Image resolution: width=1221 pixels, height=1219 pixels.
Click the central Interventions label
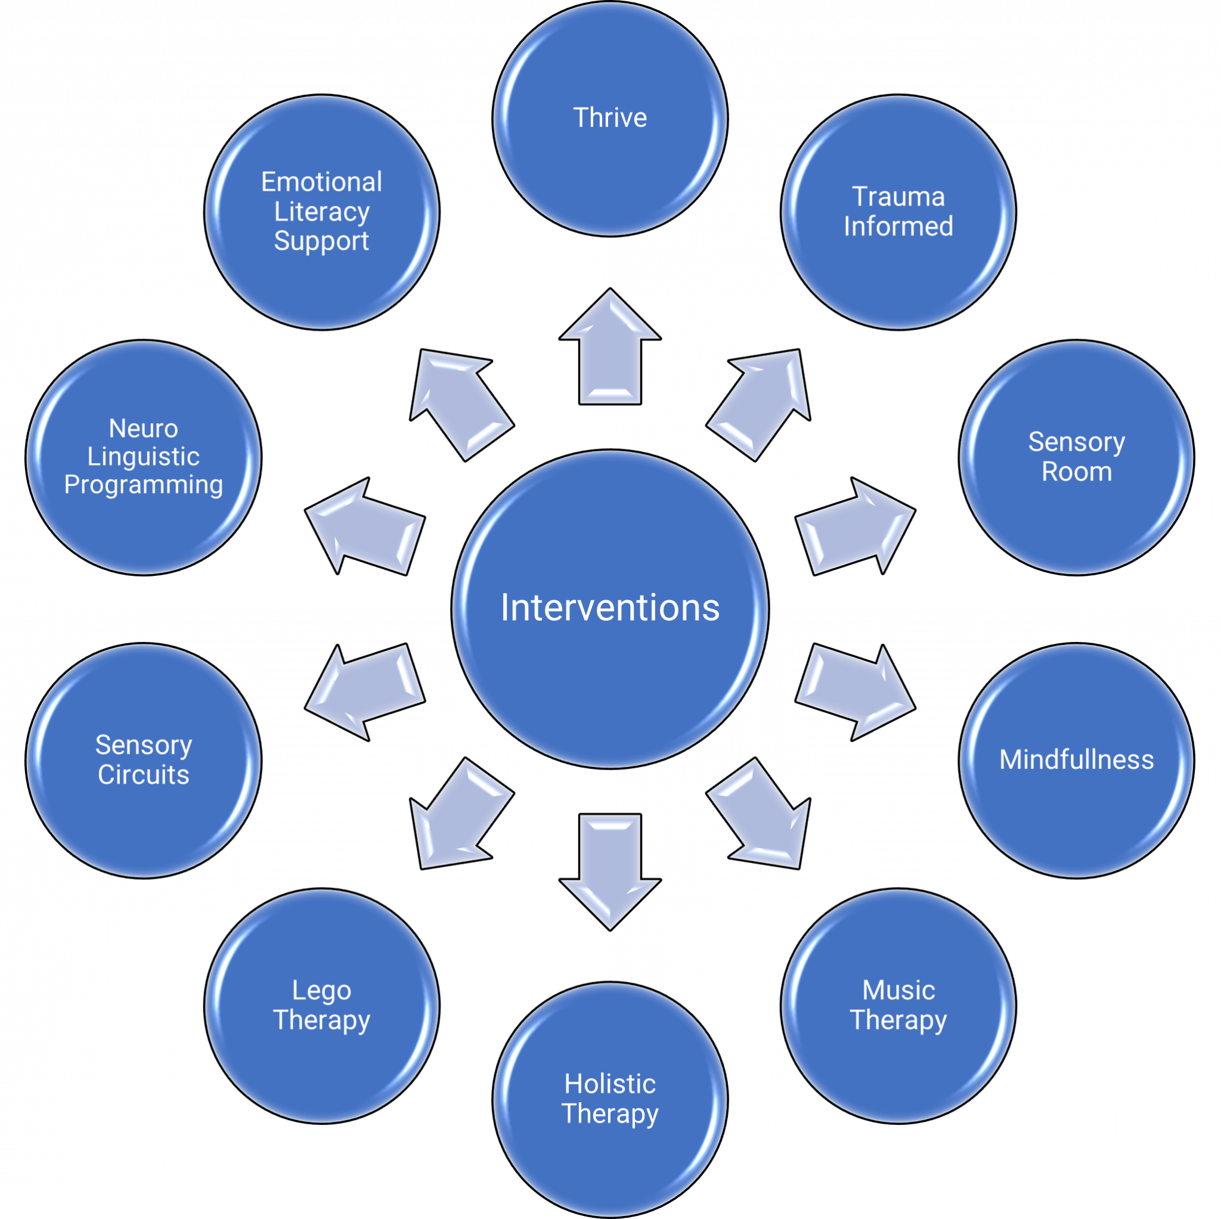click(610, 608)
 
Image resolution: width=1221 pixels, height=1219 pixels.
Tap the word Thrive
click(610, 118)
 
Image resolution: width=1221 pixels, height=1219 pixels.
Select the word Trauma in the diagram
click(898, 197)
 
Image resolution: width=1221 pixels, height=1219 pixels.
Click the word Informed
click(898, 227)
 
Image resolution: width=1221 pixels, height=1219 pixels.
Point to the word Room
click(1076, 472)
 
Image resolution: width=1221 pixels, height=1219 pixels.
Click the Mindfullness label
click(1076, 759)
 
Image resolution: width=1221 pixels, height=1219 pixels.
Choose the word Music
click(898, 990)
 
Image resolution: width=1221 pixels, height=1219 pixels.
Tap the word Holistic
click(610, 1084)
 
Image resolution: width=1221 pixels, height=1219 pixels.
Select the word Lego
click(321, 990)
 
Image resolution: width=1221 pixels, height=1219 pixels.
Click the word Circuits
click(144, 775)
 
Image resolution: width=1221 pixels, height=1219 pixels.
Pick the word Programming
click(144, 485)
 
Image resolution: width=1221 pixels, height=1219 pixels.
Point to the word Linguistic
click(144, 456)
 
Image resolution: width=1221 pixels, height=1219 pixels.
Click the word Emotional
click(321, 182)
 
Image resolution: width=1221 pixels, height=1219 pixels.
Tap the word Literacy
click(321, 212)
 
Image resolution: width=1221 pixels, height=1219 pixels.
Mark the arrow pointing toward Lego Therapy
click(460, 815)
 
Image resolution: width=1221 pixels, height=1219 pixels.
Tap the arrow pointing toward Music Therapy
click(760, 815)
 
